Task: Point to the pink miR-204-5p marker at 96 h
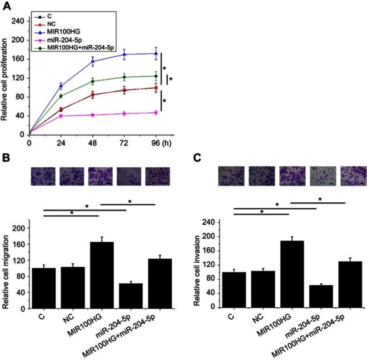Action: pyautogui.click(x=156, y=112)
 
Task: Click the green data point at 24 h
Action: pyautogui.click(x=61, y=96)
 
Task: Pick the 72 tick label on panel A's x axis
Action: pyautogui.click(x=124, y=141)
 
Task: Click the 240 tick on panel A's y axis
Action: pyautogui.click(x=19, y=21)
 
